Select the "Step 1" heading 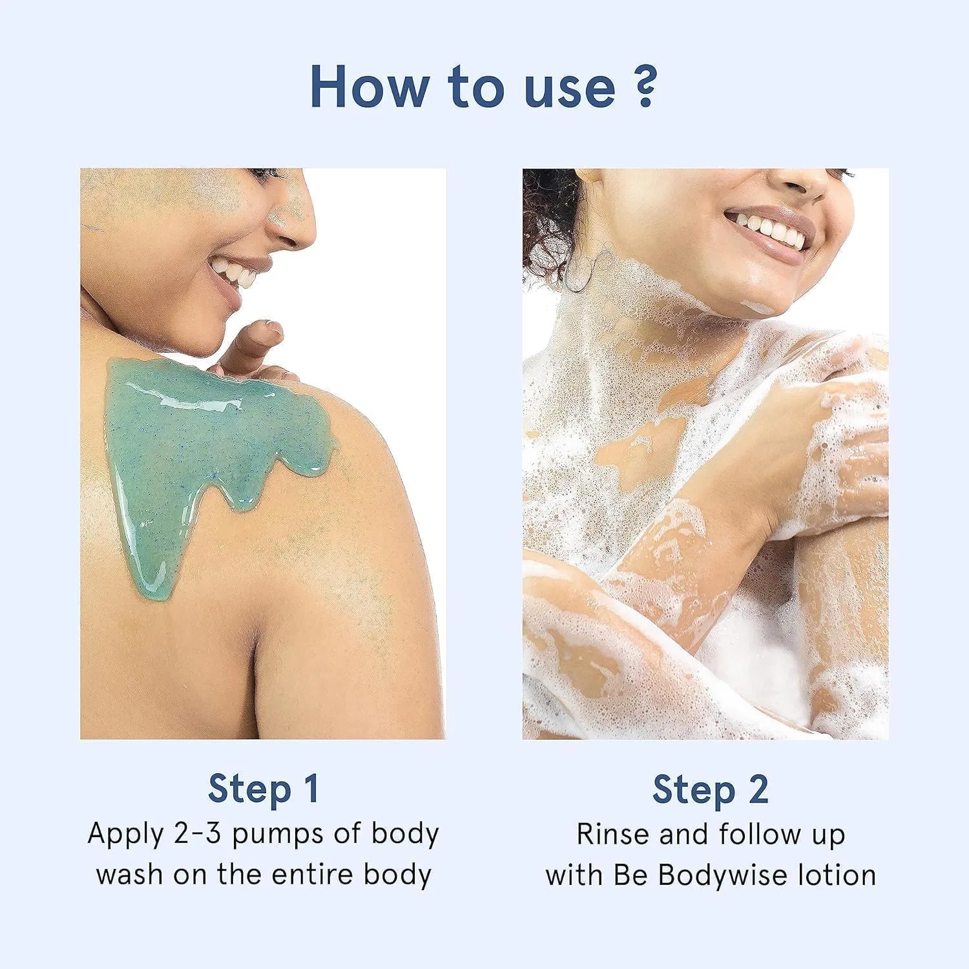(264, 789)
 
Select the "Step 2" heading (710, 789)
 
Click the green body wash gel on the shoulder (207, 439)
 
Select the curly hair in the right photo (549, 226)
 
